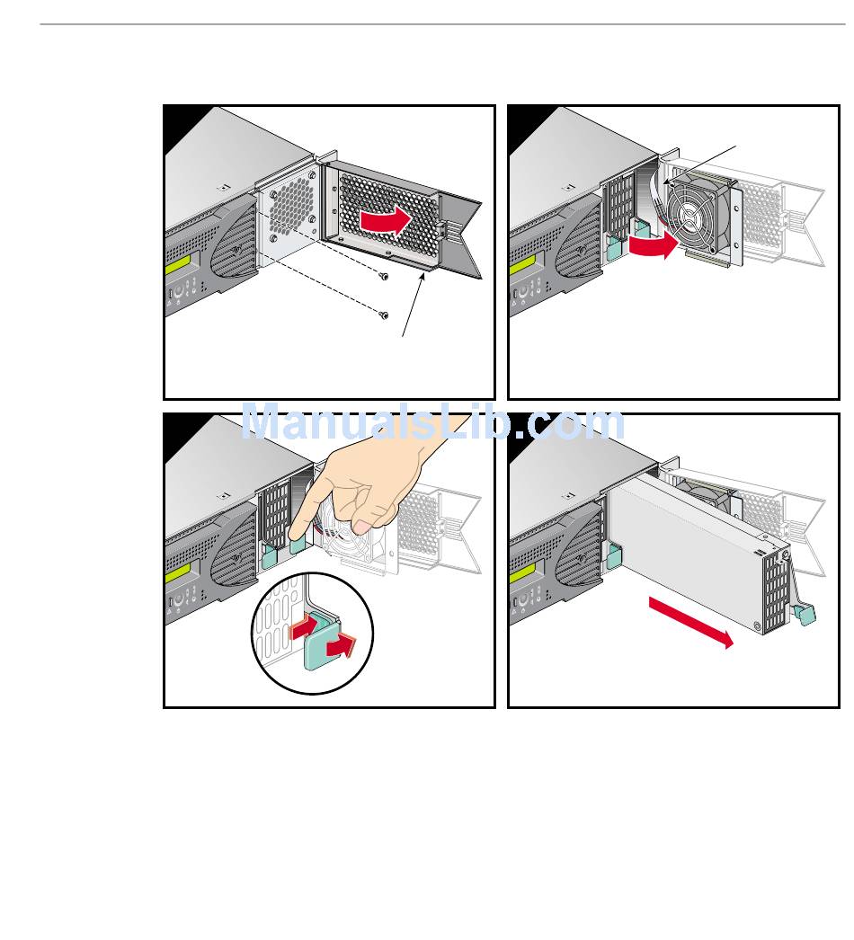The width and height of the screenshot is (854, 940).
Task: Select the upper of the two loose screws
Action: (x=384, y=276)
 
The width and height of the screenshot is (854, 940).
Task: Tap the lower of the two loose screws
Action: (x=384, y=315)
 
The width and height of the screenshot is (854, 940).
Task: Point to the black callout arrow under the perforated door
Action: (x=414, y=304)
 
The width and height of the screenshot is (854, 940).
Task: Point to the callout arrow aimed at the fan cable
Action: (x=699, y=164)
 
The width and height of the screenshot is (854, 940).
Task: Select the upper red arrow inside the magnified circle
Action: (x=305, y=627)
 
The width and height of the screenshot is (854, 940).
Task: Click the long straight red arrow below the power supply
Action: (x=691, y=622)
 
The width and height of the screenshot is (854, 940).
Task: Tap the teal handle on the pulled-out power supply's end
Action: (x=805, y=613)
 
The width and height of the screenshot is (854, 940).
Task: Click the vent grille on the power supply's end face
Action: (x=774, y=590)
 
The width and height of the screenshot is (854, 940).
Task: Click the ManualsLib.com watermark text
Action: (x=433, y=422)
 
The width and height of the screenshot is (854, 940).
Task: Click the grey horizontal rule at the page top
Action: (x=442, y=24)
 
